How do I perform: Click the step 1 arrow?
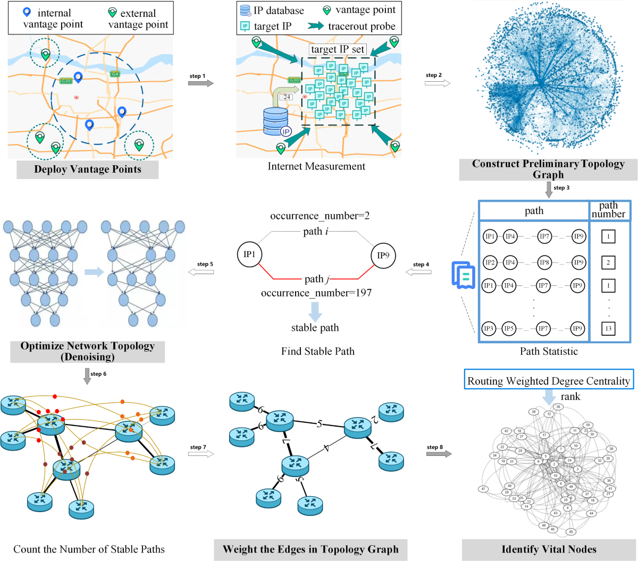tap(202, 83)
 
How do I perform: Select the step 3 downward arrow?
tap(549, 190)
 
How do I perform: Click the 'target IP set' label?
tap(338, 49)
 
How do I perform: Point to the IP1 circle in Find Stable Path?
tap(249, 254)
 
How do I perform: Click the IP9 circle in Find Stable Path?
tap(383, 256)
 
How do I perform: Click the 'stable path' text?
tap(315, 328)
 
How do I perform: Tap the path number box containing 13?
tap(608, 328)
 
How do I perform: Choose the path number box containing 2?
tap(608, 262)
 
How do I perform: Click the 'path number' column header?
tap(608, 210)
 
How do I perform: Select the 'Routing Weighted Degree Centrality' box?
tap(549, 381)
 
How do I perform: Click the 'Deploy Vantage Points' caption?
tap(88, 169)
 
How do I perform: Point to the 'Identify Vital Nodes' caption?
tap(549, 549)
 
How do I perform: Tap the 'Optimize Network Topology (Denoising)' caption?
tap(87, 351)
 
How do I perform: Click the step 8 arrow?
tap(439, 454)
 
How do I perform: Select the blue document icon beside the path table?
tap(462, 275)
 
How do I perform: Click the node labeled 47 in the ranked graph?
tap(483, 489)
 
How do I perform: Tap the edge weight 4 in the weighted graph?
tap(326, 448)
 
